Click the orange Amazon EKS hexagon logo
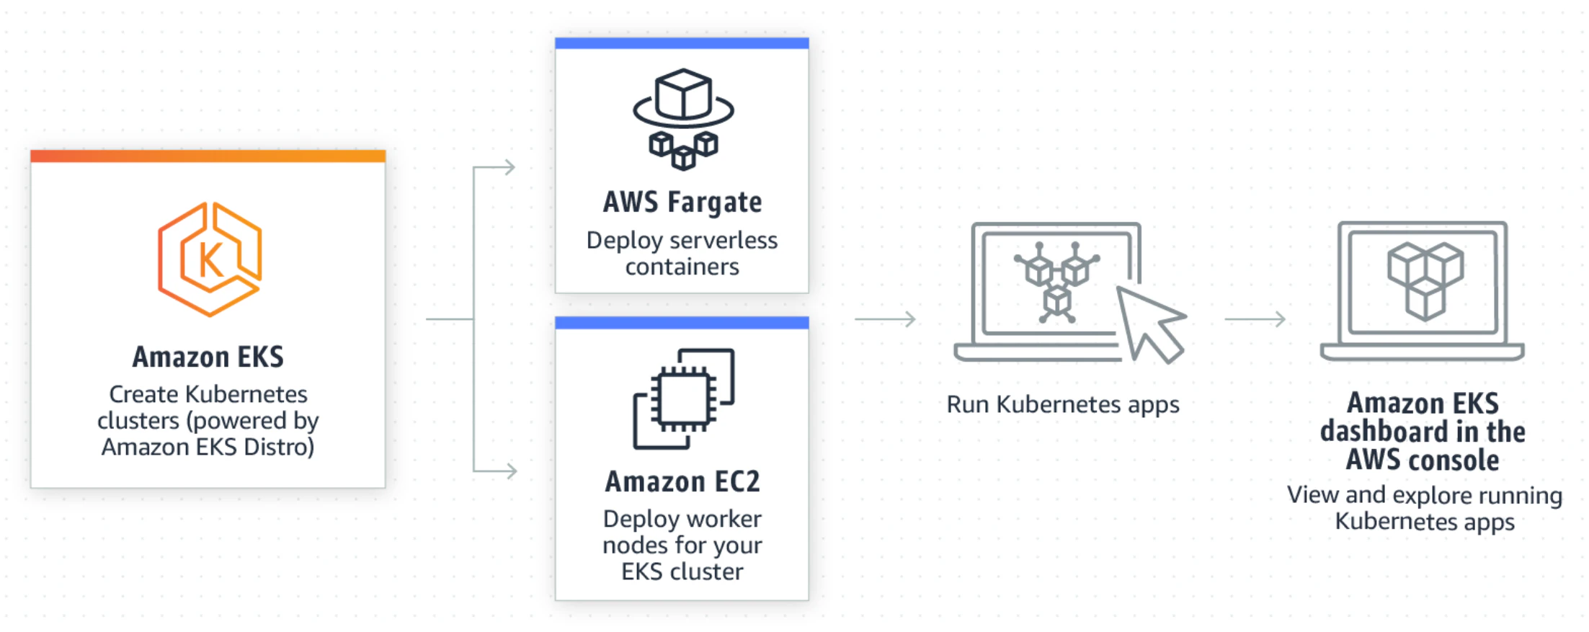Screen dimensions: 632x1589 coord(209,259)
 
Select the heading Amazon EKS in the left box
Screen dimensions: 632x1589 coord(208,357)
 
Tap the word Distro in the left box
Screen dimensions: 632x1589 coord(279,448)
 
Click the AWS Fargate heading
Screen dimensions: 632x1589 coord(682,202)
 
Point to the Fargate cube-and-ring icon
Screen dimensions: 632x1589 coord(683,119)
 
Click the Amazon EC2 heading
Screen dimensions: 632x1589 coord(682,481)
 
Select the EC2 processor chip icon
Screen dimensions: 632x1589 coord(683,399)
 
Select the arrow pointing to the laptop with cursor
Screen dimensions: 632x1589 coord(886,319)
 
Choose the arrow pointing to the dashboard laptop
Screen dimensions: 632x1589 coord(1255,319)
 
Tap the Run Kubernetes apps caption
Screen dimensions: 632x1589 coord(1063,404)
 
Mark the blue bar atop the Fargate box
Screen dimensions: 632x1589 coord(682,43)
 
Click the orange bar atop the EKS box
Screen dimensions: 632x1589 coord(208,156)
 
